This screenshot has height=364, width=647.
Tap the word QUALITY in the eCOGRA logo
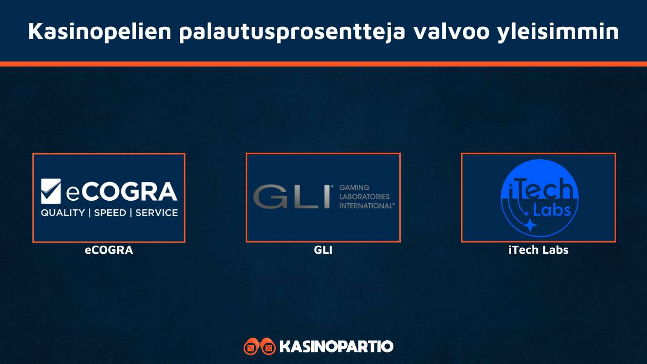[x=63, y=213]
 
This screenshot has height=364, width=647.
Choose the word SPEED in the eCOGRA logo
[x=110, y=213]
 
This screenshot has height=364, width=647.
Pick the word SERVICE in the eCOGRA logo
[x=157, y=213]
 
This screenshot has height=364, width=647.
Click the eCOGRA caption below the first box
[x=109, y=250]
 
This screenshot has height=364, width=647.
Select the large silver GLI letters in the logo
[x=291, y=197]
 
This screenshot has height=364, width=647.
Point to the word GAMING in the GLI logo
[x=354, y=188]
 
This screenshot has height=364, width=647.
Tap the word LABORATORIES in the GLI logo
[x=364, y=197]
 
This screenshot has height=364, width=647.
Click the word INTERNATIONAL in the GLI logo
[x=366, y=206]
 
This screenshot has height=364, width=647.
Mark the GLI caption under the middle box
[x=323, y=250]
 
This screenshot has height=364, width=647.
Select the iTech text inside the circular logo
[x=538, y=191]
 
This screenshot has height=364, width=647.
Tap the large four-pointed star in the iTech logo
[x=530, y=225]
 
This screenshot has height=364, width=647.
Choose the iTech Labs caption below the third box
[x=538, y=250]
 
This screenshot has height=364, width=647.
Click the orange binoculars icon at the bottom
[x=259, y=346]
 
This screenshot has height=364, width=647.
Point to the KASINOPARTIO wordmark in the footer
[x=336, y=346]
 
